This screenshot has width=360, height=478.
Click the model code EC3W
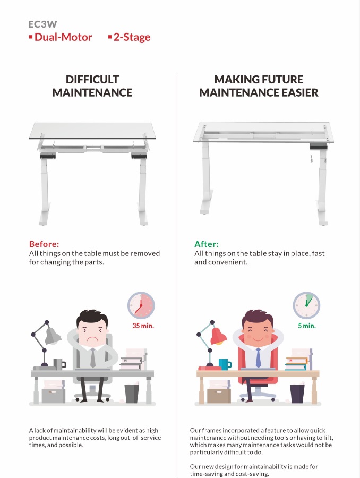(42, 24)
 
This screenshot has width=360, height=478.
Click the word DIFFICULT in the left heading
(92, 80)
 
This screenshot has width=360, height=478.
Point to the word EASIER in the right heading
(299, 92)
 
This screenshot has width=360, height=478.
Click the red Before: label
(44, 244)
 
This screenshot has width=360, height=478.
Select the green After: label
(207, 244)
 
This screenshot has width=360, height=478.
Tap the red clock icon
(141, 305)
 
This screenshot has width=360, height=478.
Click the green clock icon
(306, 305)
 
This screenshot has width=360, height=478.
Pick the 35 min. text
(143, 326)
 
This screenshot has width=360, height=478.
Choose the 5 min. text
(307, 326)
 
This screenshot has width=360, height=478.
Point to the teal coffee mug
(225, 364)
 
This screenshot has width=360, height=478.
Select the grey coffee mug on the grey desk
(59, 364)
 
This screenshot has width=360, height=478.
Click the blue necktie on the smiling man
(258, 357)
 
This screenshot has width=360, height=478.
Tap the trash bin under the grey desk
(132, 394)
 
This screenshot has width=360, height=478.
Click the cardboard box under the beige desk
(219, 396)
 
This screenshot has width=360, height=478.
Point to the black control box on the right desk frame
(319, 147)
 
